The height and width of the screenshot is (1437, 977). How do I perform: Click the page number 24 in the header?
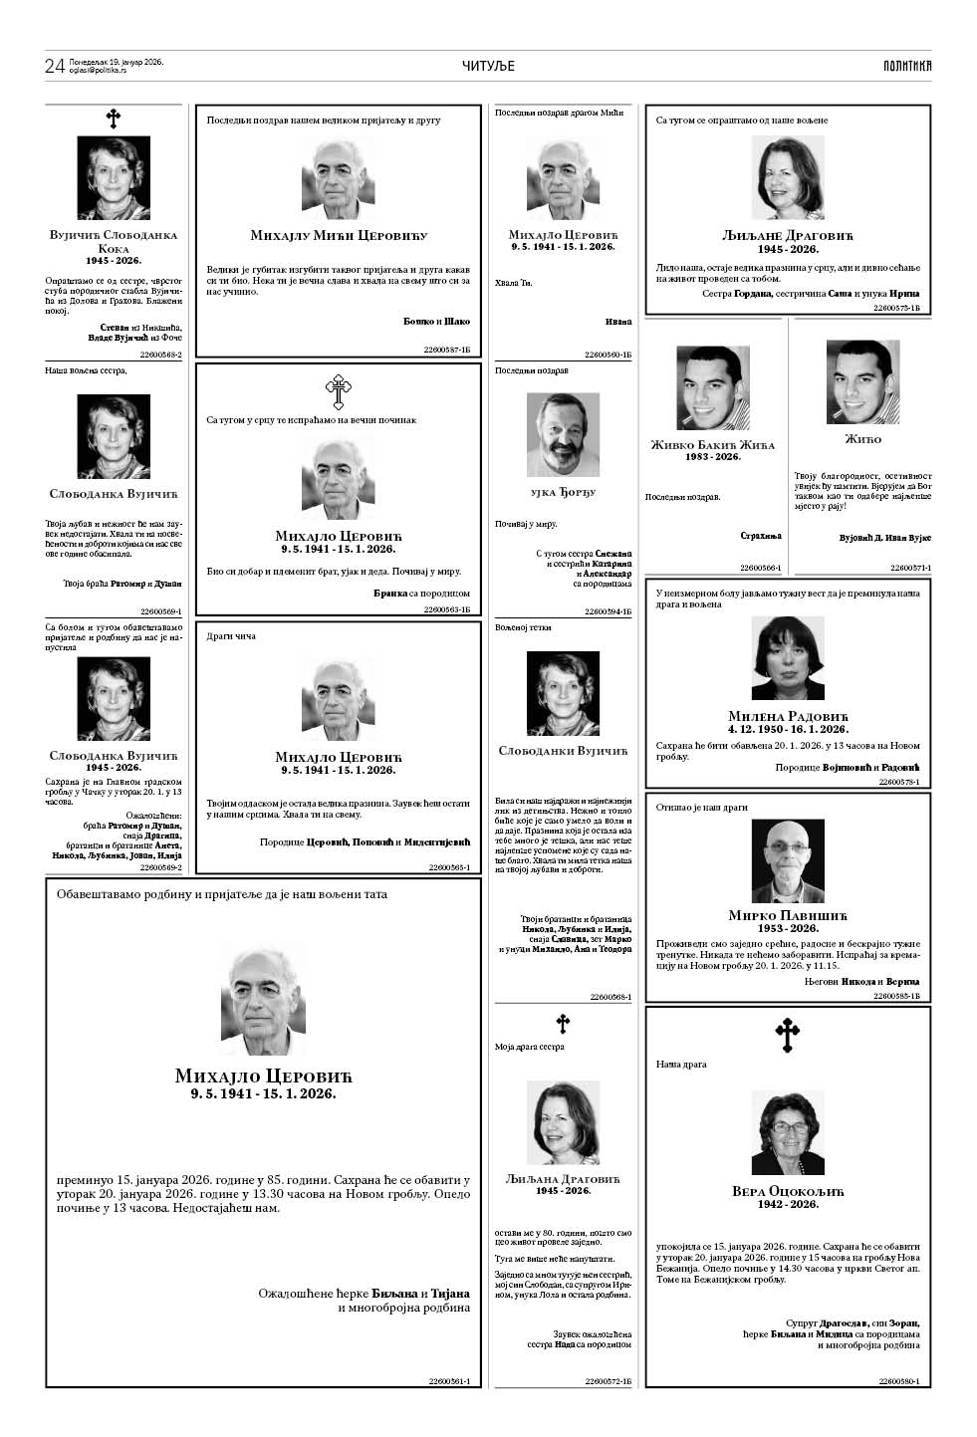coord(55,67)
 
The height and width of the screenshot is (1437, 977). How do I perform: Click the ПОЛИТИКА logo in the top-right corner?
coord(906,66)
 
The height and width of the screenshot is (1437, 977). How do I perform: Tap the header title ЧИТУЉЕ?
coord(488,66)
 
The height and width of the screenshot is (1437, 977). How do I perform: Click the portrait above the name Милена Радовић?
coord(788,658)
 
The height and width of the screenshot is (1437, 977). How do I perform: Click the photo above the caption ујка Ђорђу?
coord(563,436)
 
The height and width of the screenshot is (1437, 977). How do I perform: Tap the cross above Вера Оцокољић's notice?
coord(787,1036)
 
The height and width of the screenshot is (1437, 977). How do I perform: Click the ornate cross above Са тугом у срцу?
coord(339,392)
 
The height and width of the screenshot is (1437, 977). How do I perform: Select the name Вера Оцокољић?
coord(788,1191)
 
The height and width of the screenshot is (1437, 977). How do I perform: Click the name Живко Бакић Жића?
coord(712,445)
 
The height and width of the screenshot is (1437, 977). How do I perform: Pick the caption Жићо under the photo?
coord(862,439)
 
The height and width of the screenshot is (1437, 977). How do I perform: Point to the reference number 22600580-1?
coord(898,1381)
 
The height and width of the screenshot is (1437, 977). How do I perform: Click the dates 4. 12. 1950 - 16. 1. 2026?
coord(788,729)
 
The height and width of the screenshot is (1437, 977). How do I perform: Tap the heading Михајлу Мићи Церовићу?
coord(339,236)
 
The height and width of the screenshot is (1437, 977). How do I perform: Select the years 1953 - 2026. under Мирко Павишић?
coord(788,928)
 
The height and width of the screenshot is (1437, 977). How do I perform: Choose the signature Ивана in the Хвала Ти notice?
coord(617,322)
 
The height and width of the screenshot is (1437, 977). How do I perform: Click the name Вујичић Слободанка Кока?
coord(114,242)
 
